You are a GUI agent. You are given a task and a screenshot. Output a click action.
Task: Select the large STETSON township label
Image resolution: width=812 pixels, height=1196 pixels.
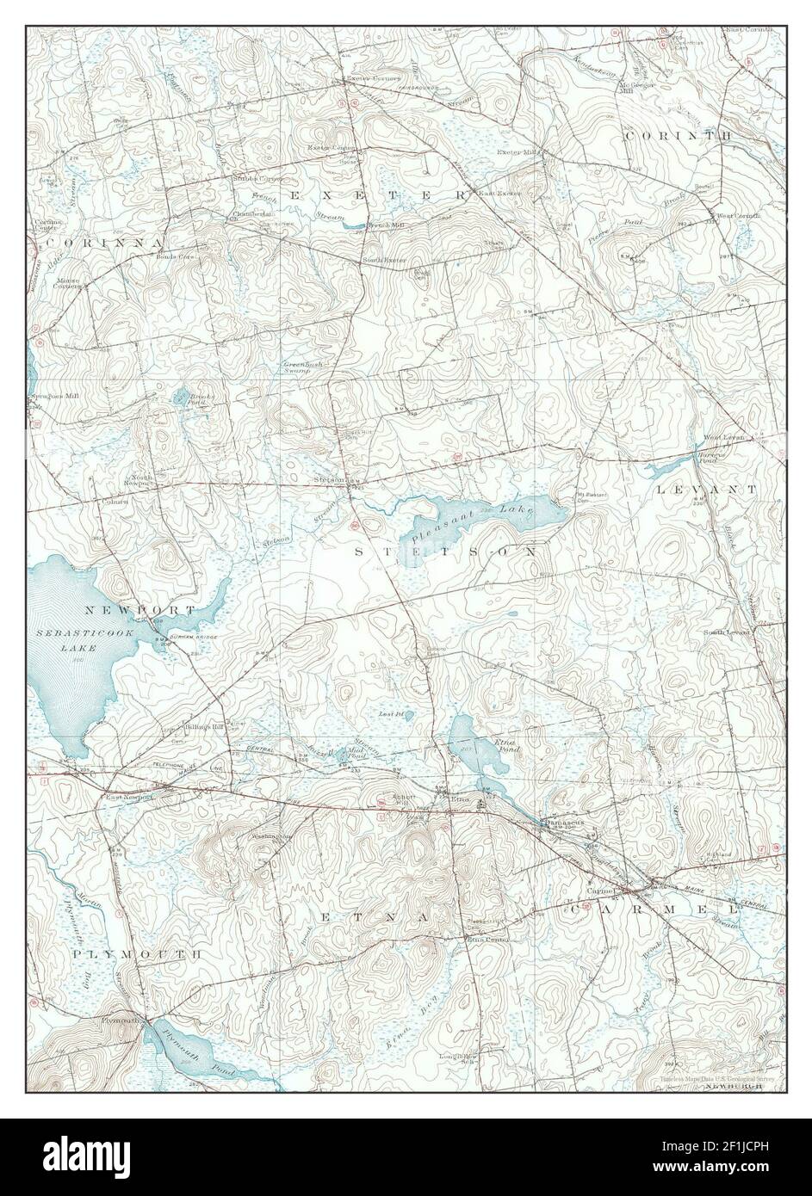pos(445,551)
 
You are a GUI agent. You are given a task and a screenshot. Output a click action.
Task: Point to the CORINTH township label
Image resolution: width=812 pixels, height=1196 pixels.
pos(678,136)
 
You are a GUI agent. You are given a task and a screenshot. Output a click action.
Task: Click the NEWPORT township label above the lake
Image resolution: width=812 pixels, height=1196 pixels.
pos(140,609)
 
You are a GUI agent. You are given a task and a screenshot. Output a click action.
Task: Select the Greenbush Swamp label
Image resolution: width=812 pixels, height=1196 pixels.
pos(302,368)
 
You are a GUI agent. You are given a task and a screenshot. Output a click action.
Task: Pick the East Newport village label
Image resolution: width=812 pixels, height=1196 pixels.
pos(130,797)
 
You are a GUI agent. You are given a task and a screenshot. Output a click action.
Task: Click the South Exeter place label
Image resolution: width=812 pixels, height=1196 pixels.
pos(384,260)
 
